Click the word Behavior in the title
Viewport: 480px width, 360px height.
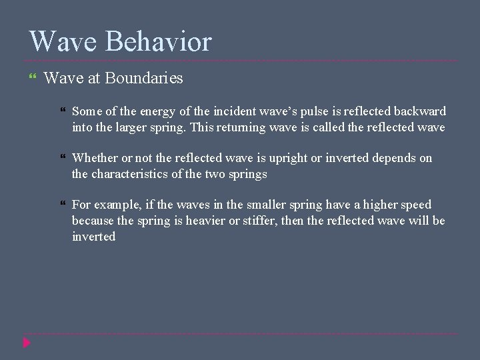coord(159,41)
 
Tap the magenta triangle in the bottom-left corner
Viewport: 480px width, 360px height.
coord(27,343)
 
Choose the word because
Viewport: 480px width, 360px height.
coord(93,221)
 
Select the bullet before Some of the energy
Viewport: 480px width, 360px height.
coord(62,111)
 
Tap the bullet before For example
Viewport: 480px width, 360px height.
coord(62,205)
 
